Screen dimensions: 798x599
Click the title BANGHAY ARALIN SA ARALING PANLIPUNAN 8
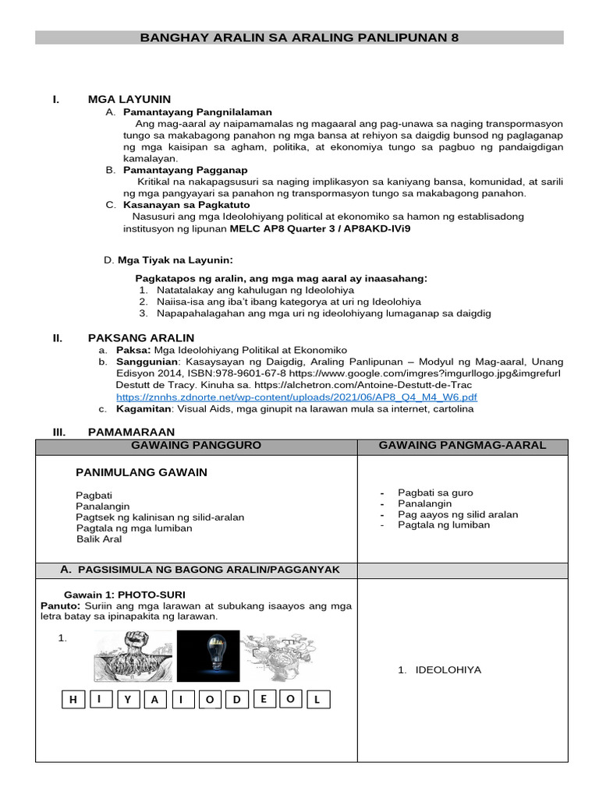pyautogui.click(x=299, y=37)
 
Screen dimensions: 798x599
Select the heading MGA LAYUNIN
pyautogui.click(x=129, y=99)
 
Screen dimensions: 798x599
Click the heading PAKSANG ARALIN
pyautogui.click(x=141, y=337)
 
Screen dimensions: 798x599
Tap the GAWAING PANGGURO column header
pyautogui.click(x=196, y=445)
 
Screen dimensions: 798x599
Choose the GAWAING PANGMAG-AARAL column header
pyautogui.click(x=462, y=445)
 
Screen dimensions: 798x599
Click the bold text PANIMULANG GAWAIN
pyautogui.click(x=141, y=472)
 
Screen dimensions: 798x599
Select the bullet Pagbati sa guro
pyautogui.click(x=435, y=493)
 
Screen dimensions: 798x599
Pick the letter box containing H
pyautogui.click(x=73, y=700)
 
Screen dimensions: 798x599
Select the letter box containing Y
pyautogui.click(x=127, y=700)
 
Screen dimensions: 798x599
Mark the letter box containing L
pyautogui.click(x=317, y=700)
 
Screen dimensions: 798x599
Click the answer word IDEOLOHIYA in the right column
pyautogui.click(x=448, y=669)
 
